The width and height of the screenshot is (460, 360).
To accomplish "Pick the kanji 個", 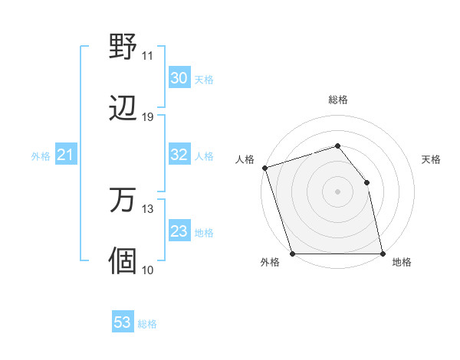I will click(x=123, y=261).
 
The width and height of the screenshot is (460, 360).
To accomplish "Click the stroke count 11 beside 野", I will click(x=148, y=56).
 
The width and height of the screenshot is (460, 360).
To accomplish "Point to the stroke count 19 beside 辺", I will click(x=148, y=117).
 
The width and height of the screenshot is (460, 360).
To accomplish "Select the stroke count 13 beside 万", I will click(x=148, y=209).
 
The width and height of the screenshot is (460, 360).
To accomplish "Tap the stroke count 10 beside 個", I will click(x=148, y=270).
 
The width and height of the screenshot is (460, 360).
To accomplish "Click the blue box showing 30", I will click(x=179, y=78).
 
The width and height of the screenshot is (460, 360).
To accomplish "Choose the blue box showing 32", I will click(x=179, y=155).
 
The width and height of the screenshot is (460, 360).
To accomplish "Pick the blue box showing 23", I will click(x=179, y=231).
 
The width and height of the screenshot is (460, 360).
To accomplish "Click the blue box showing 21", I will click(x=66, y=155).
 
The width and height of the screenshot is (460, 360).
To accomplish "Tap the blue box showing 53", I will click(x=122, y=322).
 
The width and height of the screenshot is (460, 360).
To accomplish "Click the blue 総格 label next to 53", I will click(x=147, y=324).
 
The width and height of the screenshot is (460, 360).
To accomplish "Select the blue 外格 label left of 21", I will click(x=41, y=156).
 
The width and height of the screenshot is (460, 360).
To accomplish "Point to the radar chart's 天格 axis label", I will click(x=432, y=159).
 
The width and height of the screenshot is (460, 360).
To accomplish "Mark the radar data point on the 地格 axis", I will click(x=382, y=254).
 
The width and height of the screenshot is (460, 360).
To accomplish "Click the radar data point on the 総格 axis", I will click(x=337, y=146).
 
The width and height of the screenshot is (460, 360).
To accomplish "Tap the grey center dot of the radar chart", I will click(x=337, y=191).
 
